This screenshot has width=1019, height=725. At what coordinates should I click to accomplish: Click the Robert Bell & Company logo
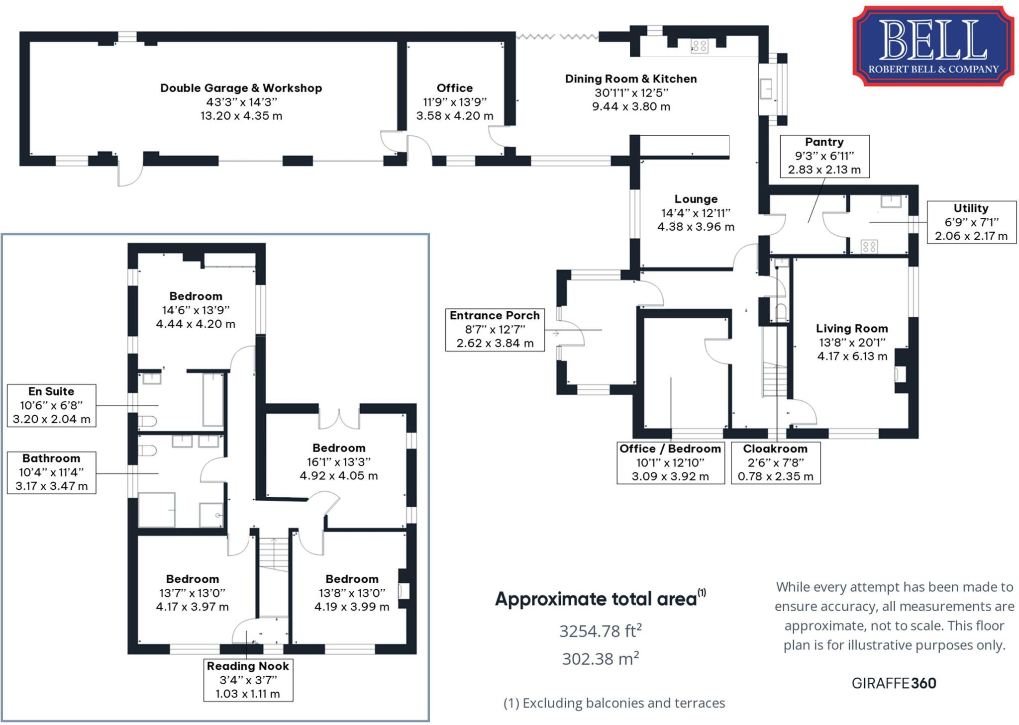(933, 46)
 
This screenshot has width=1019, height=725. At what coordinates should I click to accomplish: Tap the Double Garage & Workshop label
(241, 88)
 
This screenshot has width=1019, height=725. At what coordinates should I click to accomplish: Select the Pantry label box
(824, 156)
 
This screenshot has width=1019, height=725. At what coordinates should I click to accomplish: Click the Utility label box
(971, 222)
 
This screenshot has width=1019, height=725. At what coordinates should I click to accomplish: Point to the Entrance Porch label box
(495, 330)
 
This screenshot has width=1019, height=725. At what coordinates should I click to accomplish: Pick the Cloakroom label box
(775, 463)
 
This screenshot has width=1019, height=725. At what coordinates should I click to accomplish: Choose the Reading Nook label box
(248, 680)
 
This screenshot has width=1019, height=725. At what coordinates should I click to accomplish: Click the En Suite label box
(51, 405)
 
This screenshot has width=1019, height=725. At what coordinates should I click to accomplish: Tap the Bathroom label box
(51, 472)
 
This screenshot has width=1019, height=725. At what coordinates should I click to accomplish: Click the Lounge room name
(696, 199)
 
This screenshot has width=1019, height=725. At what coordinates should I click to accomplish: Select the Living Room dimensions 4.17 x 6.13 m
(852, 356)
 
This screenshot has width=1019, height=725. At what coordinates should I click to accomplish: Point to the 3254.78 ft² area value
(600, 631)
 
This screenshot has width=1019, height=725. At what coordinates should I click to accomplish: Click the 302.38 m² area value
(600, 659)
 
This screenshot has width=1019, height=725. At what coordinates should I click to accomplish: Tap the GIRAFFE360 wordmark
(894, 683)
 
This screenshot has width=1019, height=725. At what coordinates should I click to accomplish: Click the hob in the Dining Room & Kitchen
(699, 47)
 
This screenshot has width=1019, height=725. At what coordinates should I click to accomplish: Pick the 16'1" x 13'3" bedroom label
(338, 462)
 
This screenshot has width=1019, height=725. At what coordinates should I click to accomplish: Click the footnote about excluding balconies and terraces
(614, 703)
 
